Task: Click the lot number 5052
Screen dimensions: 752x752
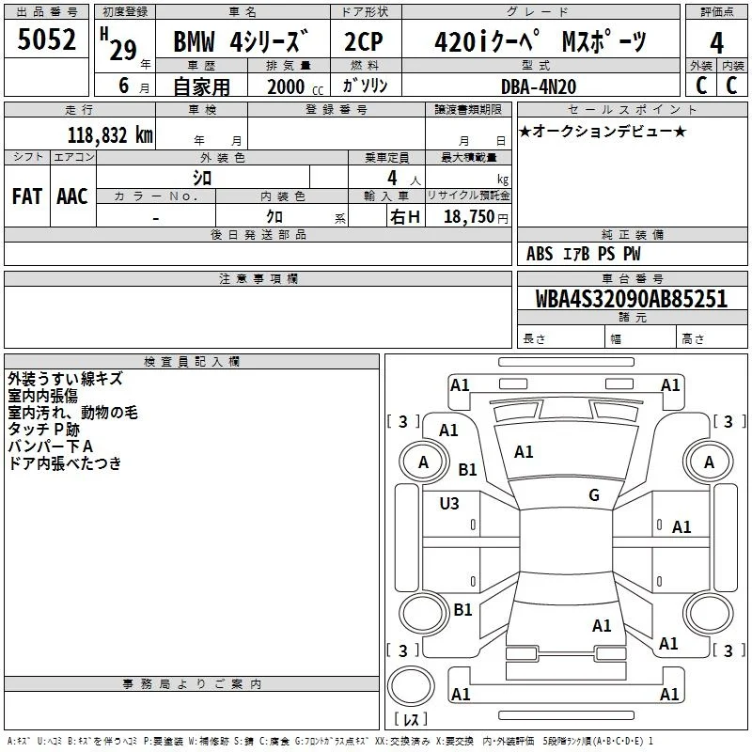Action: pos(46,39)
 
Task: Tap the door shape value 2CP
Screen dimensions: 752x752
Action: pos(364,41)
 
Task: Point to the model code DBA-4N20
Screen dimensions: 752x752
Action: pos(539,86)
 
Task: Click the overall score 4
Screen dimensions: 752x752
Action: pos(716,43)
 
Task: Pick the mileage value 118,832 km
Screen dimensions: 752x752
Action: pos(110,135)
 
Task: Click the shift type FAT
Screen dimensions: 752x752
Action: pos(27,196)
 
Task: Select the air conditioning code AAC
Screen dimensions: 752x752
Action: pos(72,196)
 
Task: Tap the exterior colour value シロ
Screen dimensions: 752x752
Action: pos(202,178)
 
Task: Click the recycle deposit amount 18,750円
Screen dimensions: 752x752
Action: pos(476,217)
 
